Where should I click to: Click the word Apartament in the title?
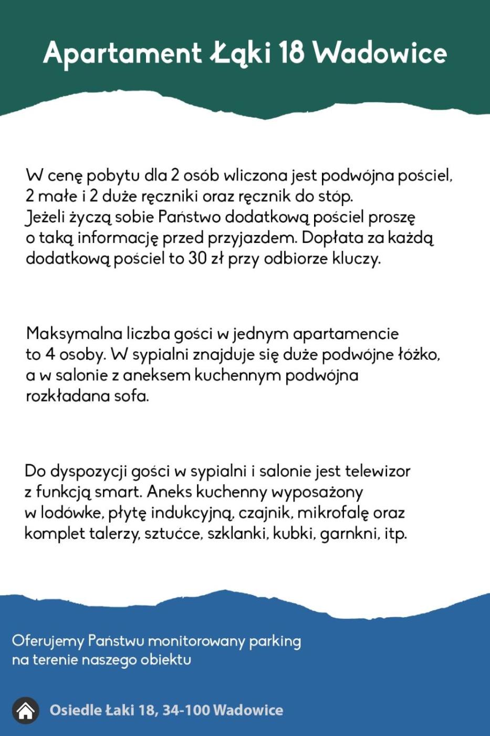tap(122, 54)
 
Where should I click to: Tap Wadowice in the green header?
tap(380, 53)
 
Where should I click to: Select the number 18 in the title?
tap(291, 53)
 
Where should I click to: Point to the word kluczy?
tap(356, 259)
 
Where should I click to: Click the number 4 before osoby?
tap(50, 354)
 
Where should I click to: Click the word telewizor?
tap(377, 471)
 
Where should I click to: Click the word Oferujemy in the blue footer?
tap(48, 641)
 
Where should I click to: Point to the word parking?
tap(275, 641)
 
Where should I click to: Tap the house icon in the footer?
tap(26, 711)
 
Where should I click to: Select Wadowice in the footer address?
tap(248, 710)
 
